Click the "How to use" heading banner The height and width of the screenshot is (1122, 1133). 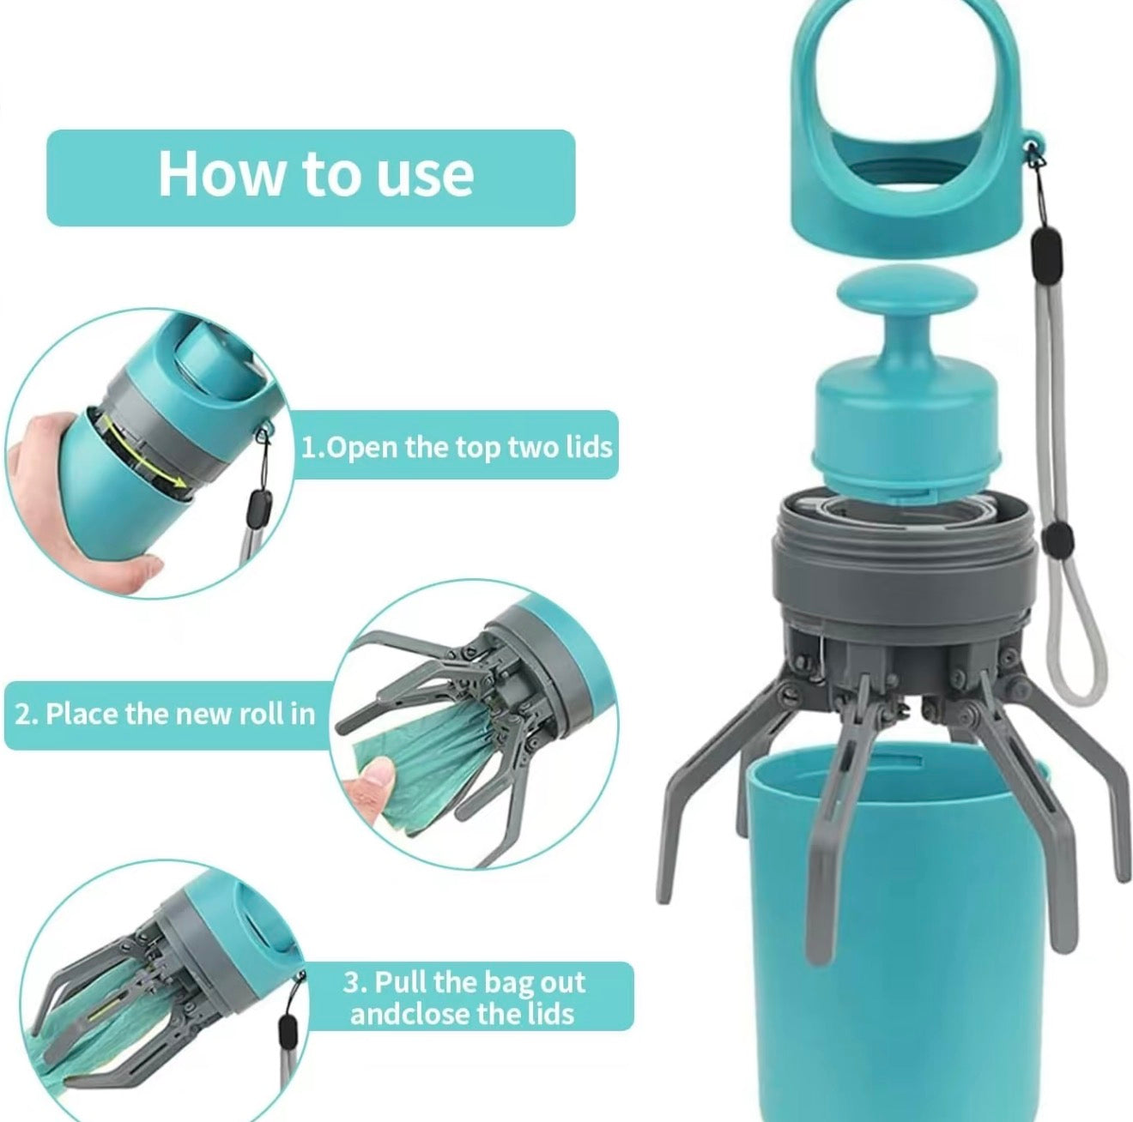coord(311,178)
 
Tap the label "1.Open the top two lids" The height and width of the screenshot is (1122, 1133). coord(456,447)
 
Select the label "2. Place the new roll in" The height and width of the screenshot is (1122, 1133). coord(165,714)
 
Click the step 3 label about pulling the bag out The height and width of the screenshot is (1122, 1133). coord(463,997)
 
